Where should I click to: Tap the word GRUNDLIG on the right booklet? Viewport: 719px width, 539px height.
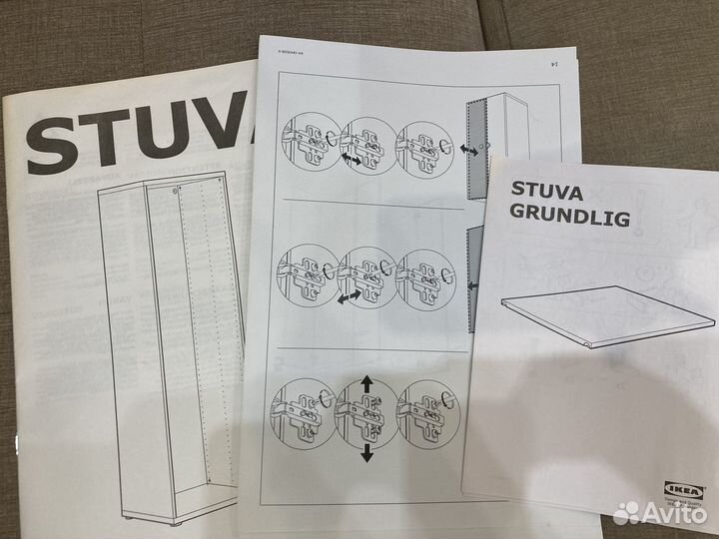click(570, 217)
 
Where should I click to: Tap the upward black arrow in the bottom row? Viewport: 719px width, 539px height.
click(366, 383)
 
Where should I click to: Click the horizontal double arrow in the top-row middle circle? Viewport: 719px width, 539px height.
click(351, 160)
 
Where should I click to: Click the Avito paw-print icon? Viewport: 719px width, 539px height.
click(625, 512)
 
